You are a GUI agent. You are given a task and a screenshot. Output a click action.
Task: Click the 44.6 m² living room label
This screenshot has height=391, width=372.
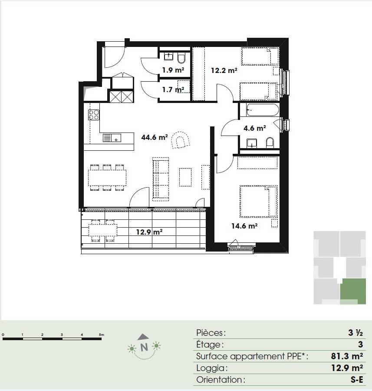coord(154,137)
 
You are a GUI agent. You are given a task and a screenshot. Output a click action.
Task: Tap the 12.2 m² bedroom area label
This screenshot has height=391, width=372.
coord(224,70)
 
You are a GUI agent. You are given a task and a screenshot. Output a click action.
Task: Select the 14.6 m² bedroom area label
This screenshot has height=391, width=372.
coord(244,226)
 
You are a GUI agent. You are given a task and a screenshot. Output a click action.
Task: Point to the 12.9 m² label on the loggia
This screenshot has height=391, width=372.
coord(149,232)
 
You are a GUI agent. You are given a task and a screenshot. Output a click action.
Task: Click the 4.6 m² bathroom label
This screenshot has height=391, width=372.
coord(254,128)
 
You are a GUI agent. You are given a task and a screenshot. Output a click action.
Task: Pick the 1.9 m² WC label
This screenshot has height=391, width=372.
coord(173,70)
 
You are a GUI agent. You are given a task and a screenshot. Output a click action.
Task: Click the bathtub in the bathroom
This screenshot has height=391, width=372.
coord(262,110)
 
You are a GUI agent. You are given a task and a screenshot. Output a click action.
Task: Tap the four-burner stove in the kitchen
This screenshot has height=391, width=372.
coord(94,115)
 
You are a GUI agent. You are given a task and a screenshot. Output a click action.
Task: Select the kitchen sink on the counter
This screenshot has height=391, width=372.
coord(112,138)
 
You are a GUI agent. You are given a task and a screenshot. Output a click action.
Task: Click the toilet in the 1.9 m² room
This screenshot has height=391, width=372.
coord(181,58)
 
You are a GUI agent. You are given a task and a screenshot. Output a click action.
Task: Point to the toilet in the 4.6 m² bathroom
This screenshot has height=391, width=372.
coord(270,142)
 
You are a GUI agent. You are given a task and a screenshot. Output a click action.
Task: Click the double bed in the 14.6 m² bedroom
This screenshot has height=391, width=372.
coord(259,202)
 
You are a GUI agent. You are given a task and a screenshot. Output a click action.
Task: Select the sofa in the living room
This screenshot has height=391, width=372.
coord(161,179)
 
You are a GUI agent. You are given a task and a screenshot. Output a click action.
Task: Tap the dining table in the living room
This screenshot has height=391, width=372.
coord(107,178)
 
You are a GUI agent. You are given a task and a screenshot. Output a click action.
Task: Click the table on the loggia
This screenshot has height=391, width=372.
coord(103,230)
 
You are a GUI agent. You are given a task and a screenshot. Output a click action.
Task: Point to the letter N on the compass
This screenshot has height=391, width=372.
coord(144,347)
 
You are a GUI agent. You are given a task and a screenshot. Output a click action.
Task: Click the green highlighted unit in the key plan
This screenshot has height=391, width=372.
coord(353,292)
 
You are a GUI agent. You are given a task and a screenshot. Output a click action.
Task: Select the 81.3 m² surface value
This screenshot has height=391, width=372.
coord(346,356)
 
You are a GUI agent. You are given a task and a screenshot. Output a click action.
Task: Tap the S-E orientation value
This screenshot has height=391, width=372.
coord(356,380)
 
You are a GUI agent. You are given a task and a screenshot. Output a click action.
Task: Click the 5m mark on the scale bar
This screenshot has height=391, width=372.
coord(102,335)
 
